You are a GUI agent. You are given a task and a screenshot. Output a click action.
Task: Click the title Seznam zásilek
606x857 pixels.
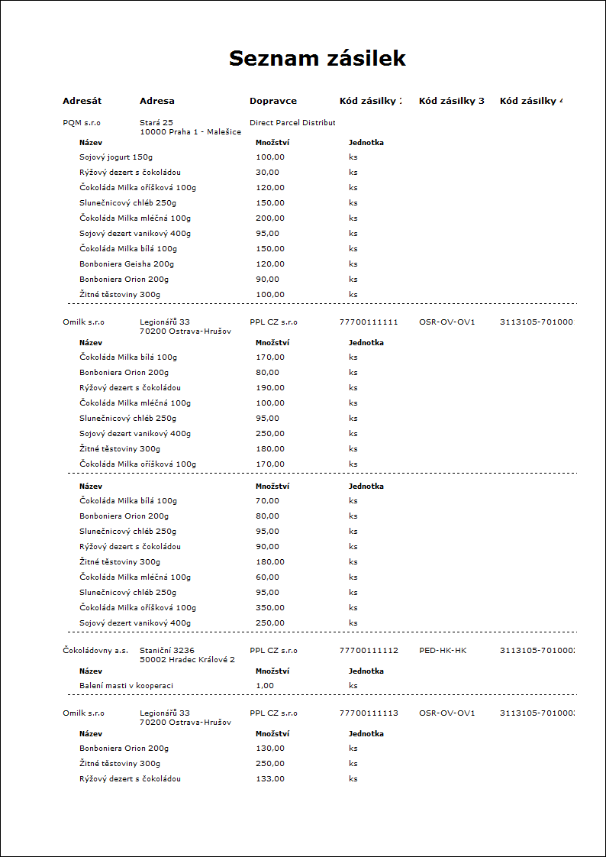pyautogui.click(x=318, y=59)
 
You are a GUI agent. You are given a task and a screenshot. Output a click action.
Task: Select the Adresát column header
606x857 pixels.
pyautogui.click(x=82, y=101)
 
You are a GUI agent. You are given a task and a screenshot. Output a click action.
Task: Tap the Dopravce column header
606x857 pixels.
pyautogui.click(x=273, y=101)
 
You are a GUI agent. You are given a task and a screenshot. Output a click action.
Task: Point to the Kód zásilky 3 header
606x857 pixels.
pyautogui.click(x=452, y=101)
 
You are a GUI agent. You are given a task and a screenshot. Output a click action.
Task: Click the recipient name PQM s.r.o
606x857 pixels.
pyautogui.click(x=82, y=122)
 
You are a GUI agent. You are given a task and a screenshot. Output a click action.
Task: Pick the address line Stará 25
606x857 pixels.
pyautogui.click(x=156, y=122)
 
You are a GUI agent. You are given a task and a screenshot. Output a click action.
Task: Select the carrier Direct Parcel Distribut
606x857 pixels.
pyautogui.click(x=292, y=122)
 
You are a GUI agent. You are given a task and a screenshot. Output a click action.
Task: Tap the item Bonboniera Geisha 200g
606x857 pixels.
pyautogui.click(x=127, y=264)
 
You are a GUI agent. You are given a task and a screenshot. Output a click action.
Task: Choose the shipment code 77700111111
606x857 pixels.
pyautogui.click(x=369, y=322)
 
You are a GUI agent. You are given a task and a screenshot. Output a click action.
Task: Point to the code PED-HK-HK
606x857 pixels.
pyautogui.click(x=443, y=650)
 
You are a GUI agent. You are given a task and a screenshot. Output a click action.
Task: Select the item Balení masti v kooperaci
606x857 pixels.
pyautogui.click(x=126, y=685)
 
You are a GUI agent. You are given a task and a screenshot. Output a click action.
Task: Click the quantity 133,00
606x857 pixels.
pyautogui.click(x=270, y=778)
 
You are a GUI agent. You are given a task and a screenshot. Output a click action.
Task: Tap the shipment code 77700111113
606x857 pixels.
pyautogui.click(x=369, y=713)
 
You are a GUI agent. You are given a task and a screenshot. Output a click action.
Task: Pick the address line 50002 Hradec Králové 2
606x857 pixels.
pyautogui.click(x=187, y=659)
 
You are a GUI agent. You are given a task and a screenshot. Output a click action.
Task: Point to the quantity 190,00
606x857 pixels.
pyautogui.click(x=270, y=387)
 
